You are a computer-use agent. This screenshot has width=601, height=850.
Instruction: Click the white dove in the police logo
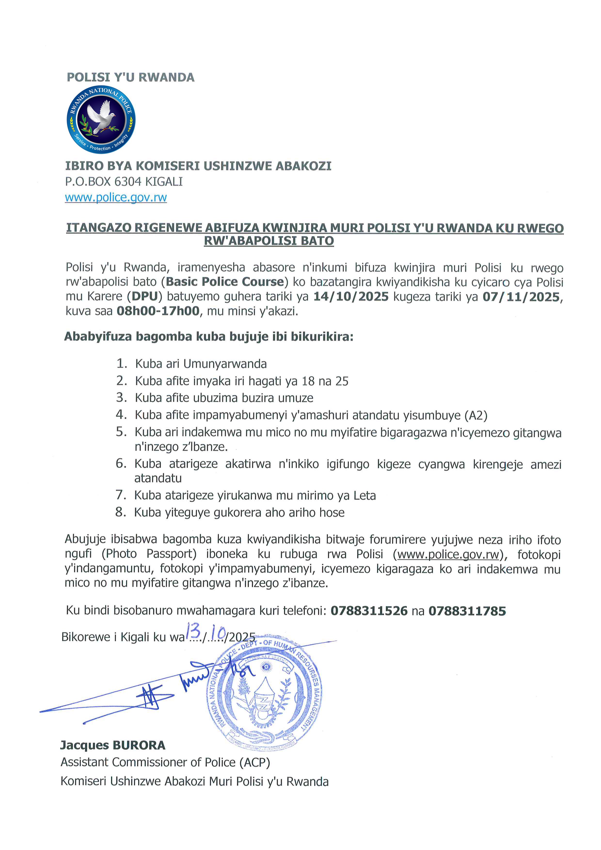101,116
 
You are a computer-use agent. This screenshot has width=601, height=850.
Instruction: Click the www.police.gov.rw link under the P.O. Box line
116,197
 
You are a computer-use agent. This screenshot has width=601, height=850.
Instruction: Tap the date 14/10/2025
351,296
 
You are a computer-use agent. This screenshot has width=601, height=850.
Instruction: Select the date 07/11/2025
521,296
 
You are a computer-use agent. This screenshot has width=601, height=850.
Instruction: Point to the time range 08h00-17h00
158,311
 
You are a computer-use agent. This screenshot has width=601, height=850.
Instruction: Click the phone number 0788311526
369,611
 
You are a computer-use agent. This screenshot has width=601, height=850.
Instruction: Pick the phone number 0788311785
467,611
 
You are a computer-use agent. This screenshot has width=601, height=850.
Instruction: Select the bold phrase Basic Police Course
225,282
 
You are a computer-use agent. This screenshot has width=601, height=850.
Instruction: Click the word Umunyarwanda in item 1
225,364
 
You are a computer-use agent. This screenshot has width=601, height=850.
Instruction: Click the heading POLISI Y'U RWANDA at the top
130,77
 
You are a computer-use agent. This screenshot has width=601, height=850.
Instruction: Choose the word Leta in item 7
364,495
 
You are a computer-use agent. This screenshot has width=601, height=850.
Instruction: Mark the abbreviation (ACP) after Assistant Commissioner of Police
255,762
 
